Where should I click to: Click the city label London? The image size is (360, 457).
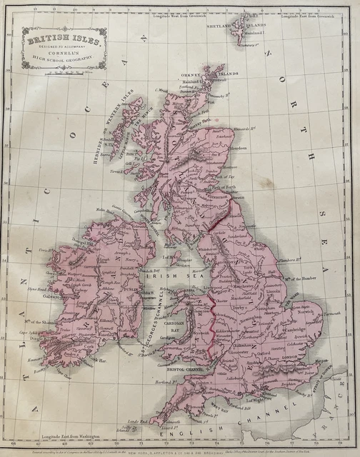pyautogui.click(x=289, y=357)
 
